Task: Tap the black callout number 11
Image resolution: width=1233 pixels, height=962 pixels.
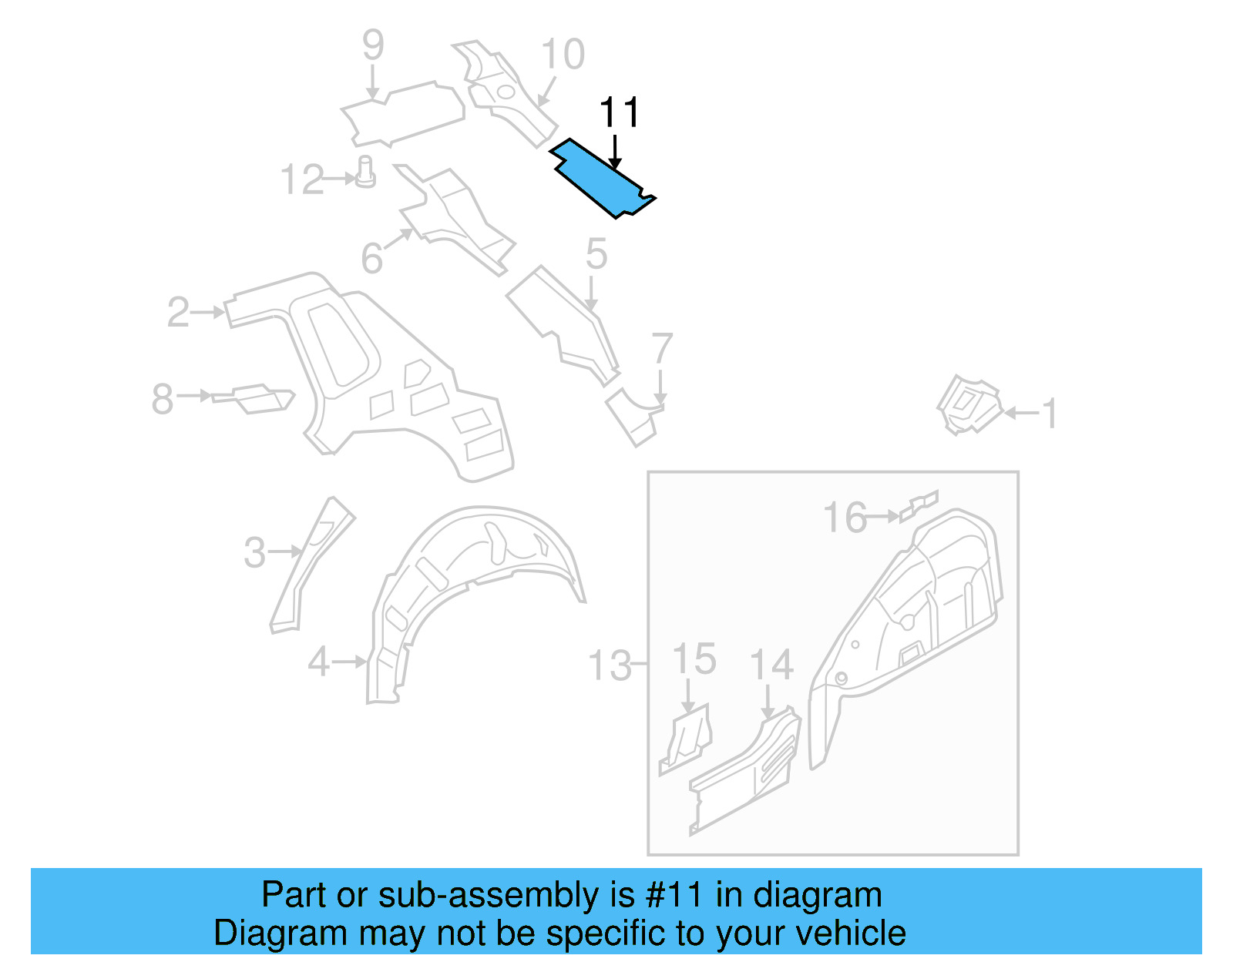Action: point(619,113)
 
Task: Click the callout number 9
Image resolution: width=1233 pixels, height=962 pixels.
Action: point(373,45)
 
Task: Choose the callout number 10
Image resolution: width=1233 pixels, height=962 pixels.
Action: point(563,55)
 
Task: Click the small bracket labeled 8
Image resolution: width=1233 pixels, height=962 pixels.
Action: point(254,398)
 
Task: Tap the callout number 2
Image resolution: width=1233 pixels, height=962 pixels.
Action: point(178,312)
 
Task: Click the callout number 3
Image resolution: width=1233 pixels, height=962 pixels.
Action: point(255,553)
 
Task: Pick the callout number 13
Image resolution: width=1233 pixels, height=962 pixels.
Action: point(610,665)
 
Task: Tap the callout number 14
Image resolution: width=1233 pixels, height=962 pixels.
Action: point(771,665)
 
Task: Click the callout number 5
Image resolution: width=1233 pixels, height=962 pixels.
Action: point(596,253)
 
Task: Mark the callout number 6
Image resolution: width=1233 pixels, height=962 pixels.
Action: point(372,258)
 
